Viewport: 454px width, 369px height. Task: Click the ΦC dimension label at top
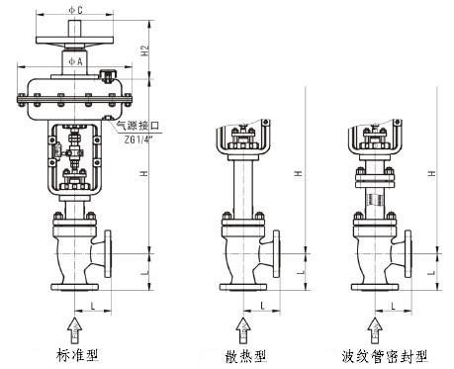(x=75, y=10)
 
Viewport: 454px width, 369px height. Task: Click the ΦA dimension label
(x=75, y=61)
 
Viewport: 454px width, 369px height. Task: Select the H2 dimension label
(x=144, y=50)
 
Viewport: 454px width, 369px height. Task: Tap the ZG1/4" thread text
(x=139, y=139)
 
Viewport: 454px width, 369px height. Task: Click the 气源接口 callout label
(x=137, y=126)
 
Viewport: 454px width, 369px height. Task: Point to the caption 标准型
(x=77, y=355)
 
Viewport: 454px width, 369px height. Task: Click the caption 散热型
(x=245, y=356)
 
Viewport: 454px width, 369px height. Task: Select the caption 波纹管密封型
(x=385, y=356)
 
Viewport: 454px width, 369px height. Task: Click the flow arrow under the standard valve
(x=75, y=330)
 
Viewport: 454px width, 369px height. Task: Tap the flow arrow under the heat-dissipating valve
(x=243, y=330)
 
